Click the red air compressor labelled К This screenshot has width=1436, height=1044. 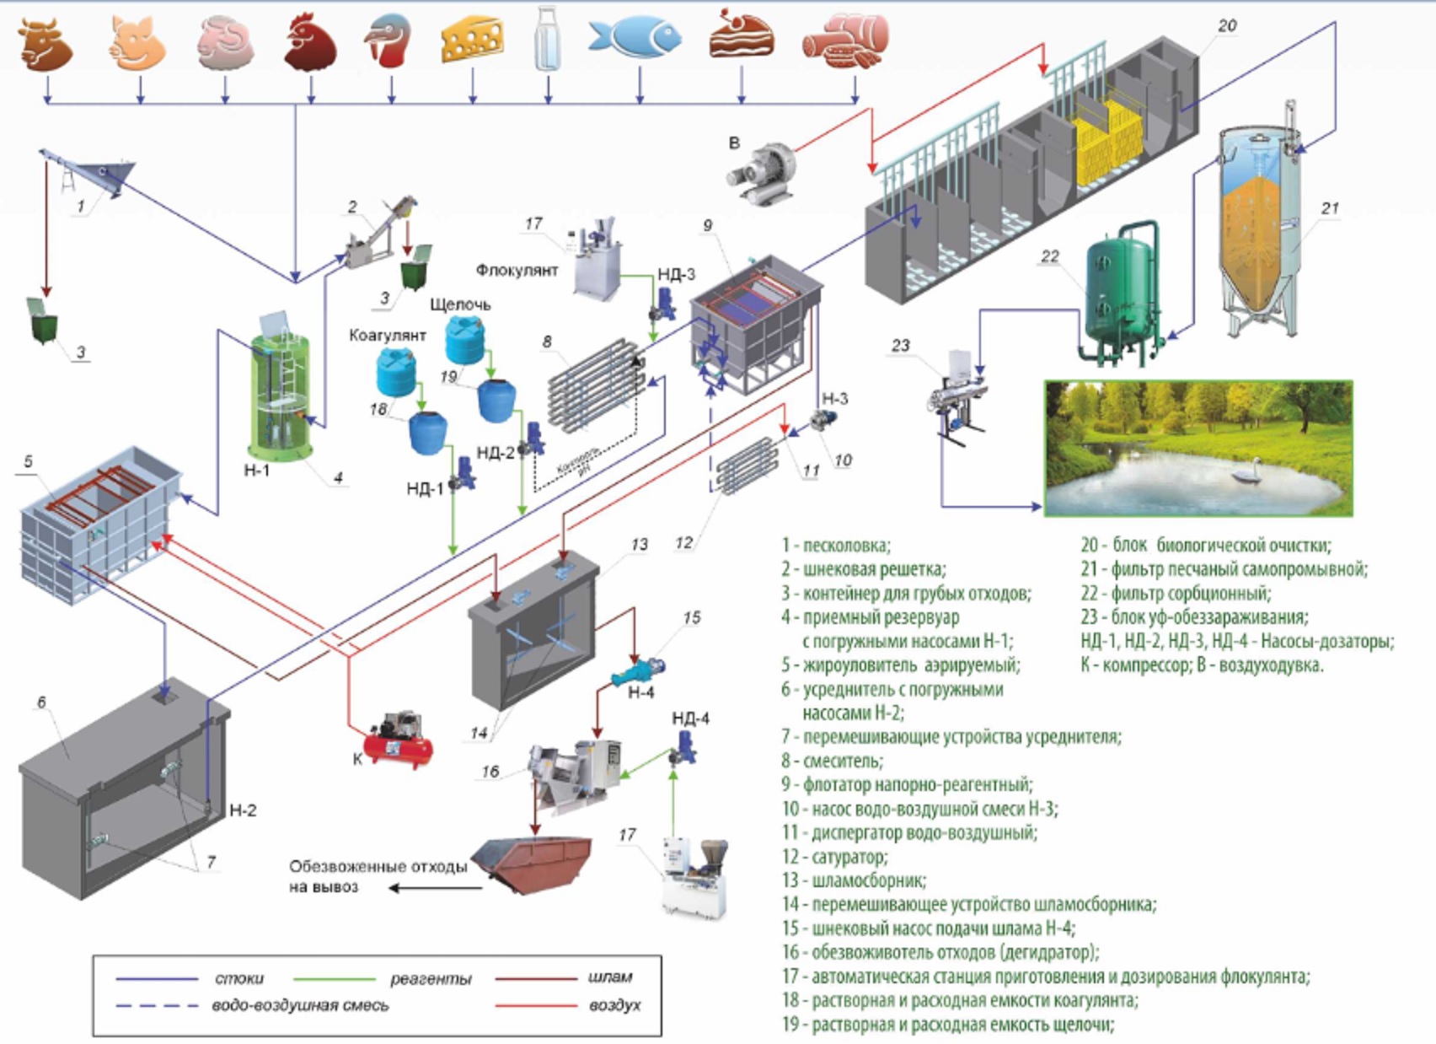tap(398, 741)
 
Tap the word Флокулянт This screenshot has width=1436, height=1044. tap(517, 271)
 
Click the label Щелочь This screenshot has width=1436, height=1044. tap(460, 304)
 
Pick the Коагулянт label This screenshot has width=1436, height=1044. tap(388, 336)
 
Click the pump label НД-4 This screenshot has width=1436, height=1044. tap(690, 718)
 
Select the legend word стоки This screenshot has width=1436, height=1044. tap(239, 978)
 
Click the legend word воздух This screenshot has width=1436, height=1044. tap(615, 1005)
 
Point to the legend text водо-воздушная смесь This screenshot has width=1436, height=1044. tap(300, 1005)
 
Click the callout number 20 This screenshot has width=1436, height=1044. tap(1227, 26)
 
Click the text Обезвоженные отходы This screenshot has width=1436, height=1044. tap(378, 867)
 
